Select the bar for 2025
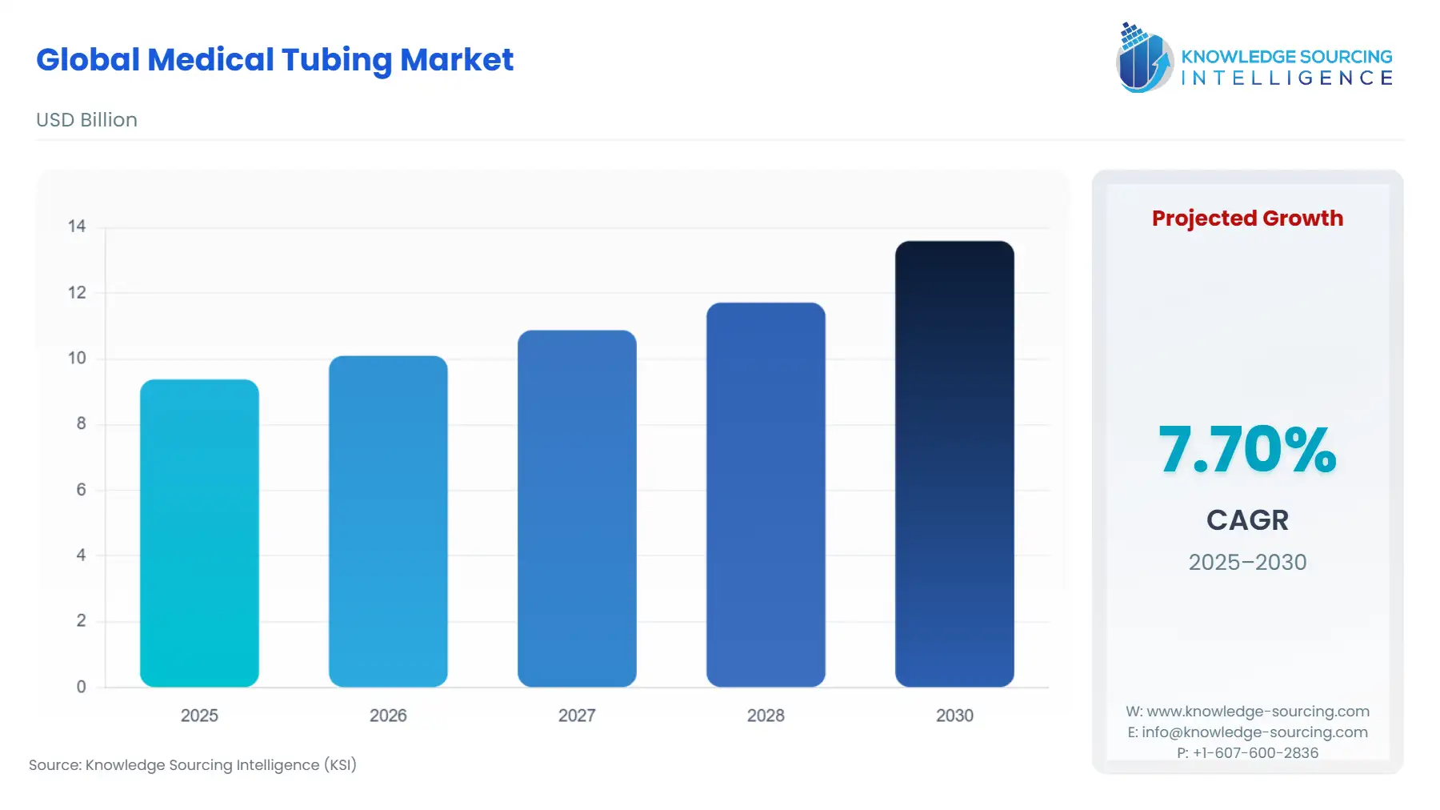coord(199,533)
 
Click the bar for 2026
coord(388,521)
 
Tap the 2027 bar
coord(577,508)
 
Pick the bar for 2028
coord(766,495)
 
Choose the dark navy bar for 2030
coord(954,464)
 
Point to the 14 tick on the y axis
coord(77,227)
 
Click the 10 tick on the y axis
coord(77,359)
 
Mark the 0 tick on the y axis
coord(81,687)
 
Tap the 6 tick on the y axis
coord(81,490)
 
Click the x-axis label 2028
coord(766,716)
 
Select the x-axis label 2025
coord(199,716)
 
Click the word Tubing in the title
coord(336,60)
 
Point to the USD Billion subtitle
coord(86,120)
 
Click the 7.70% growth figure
coord(1247,449)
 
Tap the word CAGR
coord(1247,520)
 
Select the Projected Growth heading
coord(1247,219)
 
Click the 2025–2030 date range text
coord(1247,562)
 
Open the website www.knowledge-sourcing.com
coord(1258,712)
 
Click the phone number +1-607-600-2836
coord(1255,753)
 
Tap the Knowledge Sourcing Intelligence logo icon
coord(1144,58)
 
